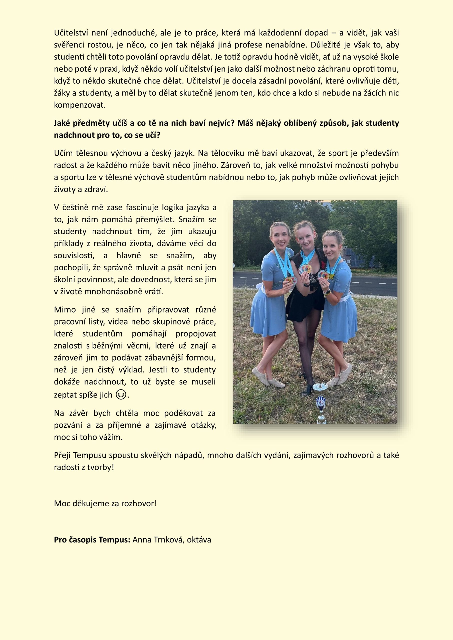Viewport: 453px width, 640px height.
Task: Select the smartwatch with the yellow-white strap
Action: [327, 293]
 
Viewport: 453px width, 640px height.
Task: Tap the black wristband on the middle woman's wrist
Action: [307, 285]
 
